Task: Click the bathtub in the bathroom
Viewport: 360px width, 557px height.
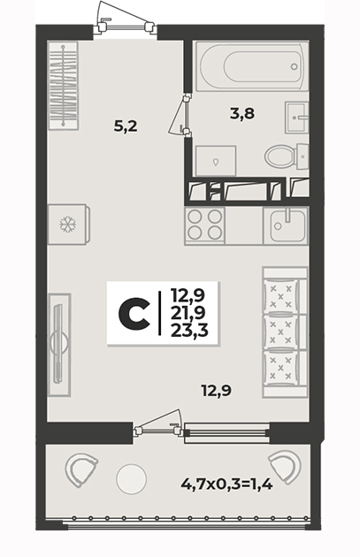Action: [251, 66]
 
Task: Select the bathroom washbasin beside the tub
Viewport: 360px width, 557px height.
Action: [296, 118]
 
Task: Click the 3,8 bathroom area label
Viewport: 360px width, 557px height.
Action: [242, 114]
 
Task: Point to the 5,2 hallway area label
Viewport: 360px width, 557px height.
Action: [126, 126]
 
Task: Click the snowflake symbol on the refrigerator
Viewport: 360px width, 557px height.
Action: [67, 225]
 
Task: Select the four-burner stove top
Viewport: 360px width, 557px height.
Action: [204, 226]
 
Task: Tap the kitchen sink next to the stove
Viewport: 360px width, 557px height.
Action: [286, 226]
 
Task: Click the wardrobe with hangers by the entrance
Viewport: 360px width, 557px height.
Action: [63, 85]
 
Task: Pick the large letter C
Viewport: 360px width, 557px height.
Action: [134, 313]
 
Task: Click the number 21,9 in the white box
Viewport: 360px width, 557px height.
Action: [188, 313]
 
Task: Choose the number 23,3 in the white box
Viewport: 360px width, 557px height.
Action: [189, 331]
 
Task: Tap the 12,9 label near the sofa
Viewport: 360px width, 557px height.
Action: [217, 391]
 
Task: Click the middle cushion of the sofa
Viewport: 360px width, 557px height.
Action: [280, 332]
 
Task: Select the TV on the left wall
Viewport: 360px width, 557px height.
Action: [59, 344]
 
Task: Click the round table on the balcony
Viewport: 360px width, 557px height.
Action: [131, 478]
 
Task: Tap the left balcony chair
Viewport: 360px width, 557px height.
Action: [80, 469]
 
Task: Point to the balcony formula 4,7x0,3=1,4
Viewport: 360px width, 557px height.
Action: [226, 484]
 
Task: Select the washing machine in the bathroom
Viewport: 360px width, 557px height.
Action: [216, 161]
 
